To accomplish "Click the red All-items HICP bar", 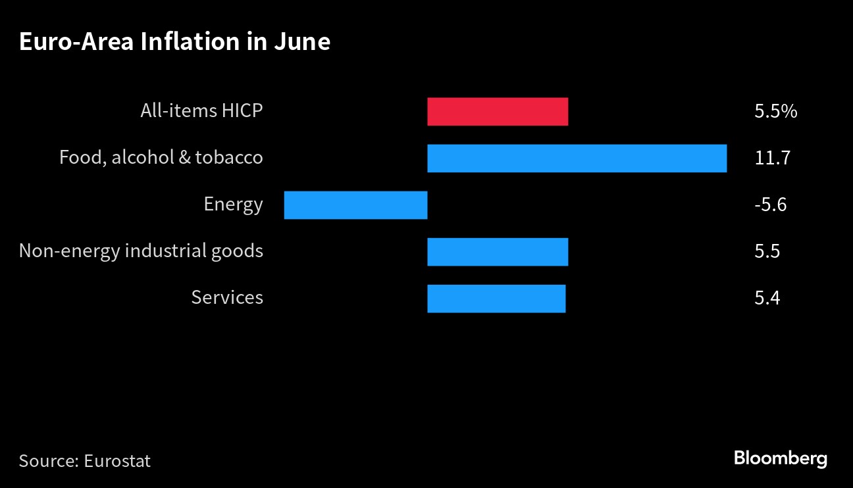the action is [x=498, y=112].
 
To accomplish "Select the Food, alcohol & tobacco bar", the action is [x=577, y=159].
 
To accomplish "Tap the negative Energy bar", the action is [x=355, y=205].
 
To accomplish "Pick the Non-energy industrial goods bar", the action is [x=498, y=252].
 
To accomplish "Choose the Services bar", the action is [x=496, y=299].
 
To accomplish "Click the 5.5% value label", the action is [x=776, y=111].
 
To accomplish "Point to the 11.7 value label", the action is [x=772, y=158].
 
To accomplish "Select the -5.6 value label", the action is [x=770, y=205].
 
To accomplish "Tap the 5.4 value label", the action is [x=767, y=298].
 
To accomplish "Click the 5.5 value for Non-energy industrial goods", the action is [x=767, y=251].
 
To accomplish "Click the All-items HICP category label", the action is [x=201, y=110].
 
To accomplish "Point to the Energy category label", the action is [x=233, y=205].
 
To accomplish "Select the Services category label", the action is [x=227, y=297].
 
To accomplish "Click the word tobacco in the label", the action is [x=229, y=157].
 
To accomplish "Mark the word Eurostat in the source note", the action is [x=117, y=461].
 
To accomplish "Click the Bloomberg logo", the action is [x=781, y=458].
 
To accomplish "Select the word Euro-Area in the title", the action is [x=76, y=41].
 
